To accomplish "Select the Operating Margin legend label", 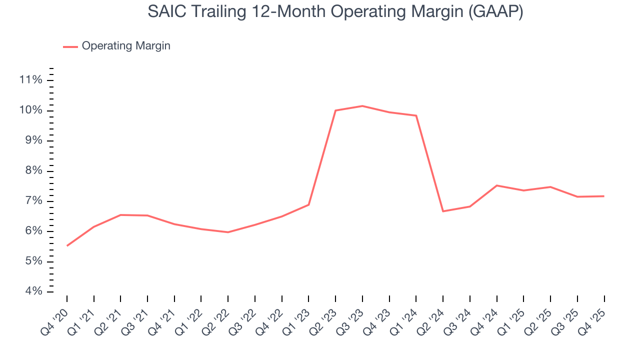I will click(126, 46).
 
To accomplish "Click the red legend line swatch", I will click(70, 46).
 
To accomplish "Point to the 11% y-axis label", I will click(30, 80).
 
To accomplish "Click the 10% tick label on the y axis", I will click(30, 110).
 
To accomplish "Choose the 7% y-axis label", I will click(32, 201).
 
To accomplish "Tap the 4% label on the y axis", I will click(32, 291).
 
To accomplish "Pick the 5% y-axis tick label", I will click(32, 261).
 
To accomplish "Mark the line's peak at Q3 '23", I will click(362, 106).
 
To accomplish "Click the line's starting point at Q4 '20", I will click(67, 245).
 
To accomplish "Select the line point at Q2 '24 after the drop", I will click(443, 211).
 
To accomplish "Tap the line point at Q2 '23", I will click(335, 110).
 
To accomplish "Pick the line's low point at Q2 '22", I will click(228, 232).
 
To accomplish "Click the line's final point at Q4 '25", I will click(604, 196).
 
